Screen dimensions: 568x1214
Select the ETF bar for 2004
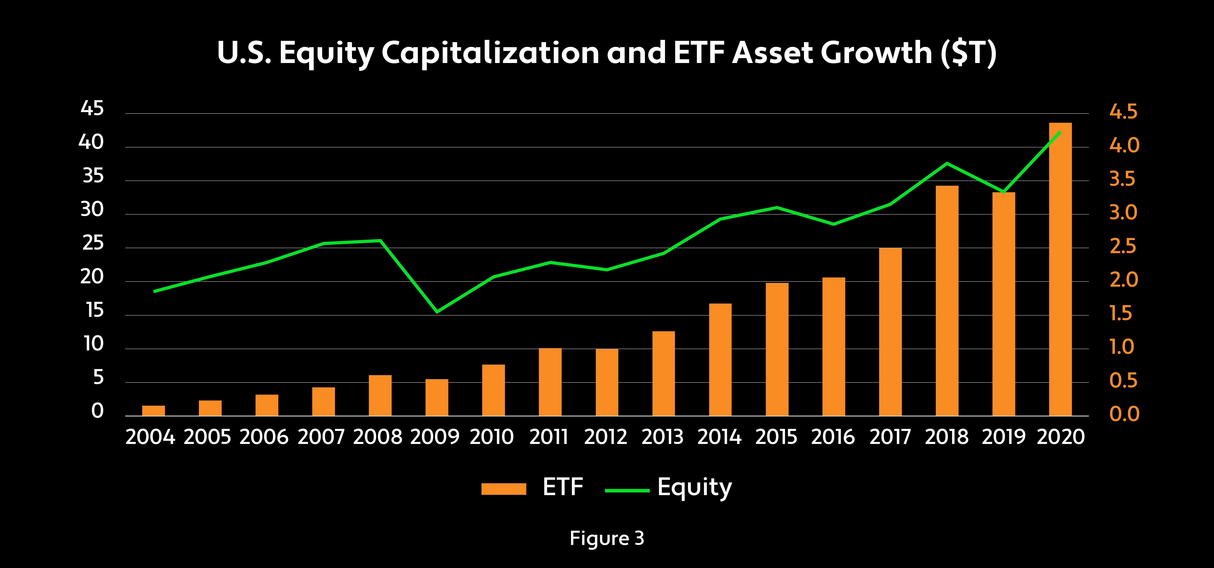tap(154, 410)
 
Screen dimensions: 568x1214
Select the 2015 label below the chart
tap(776, 437)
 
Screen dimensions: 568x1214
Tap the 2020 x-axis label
tap(1060, 437)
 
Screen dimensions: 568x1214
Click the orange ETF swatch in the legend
tap(503, 489)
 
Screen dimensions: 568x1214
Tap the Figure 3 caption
tap(607, 538)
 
